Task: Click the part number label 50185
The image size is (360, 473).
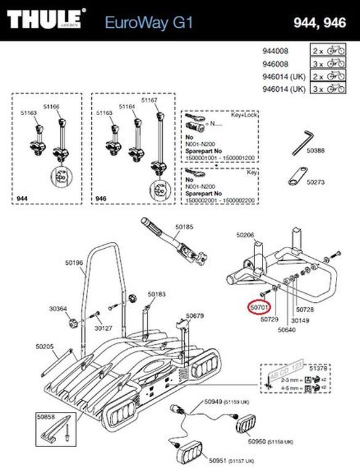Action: click(x=184, y=227)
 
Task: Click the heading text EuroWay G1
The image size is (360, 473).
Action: click(x=149, y=23)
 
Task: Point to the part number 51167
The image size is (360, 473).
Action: click(x=150, y=100)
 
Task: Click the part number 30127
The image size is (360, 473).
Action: click(x=103, y=328)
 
